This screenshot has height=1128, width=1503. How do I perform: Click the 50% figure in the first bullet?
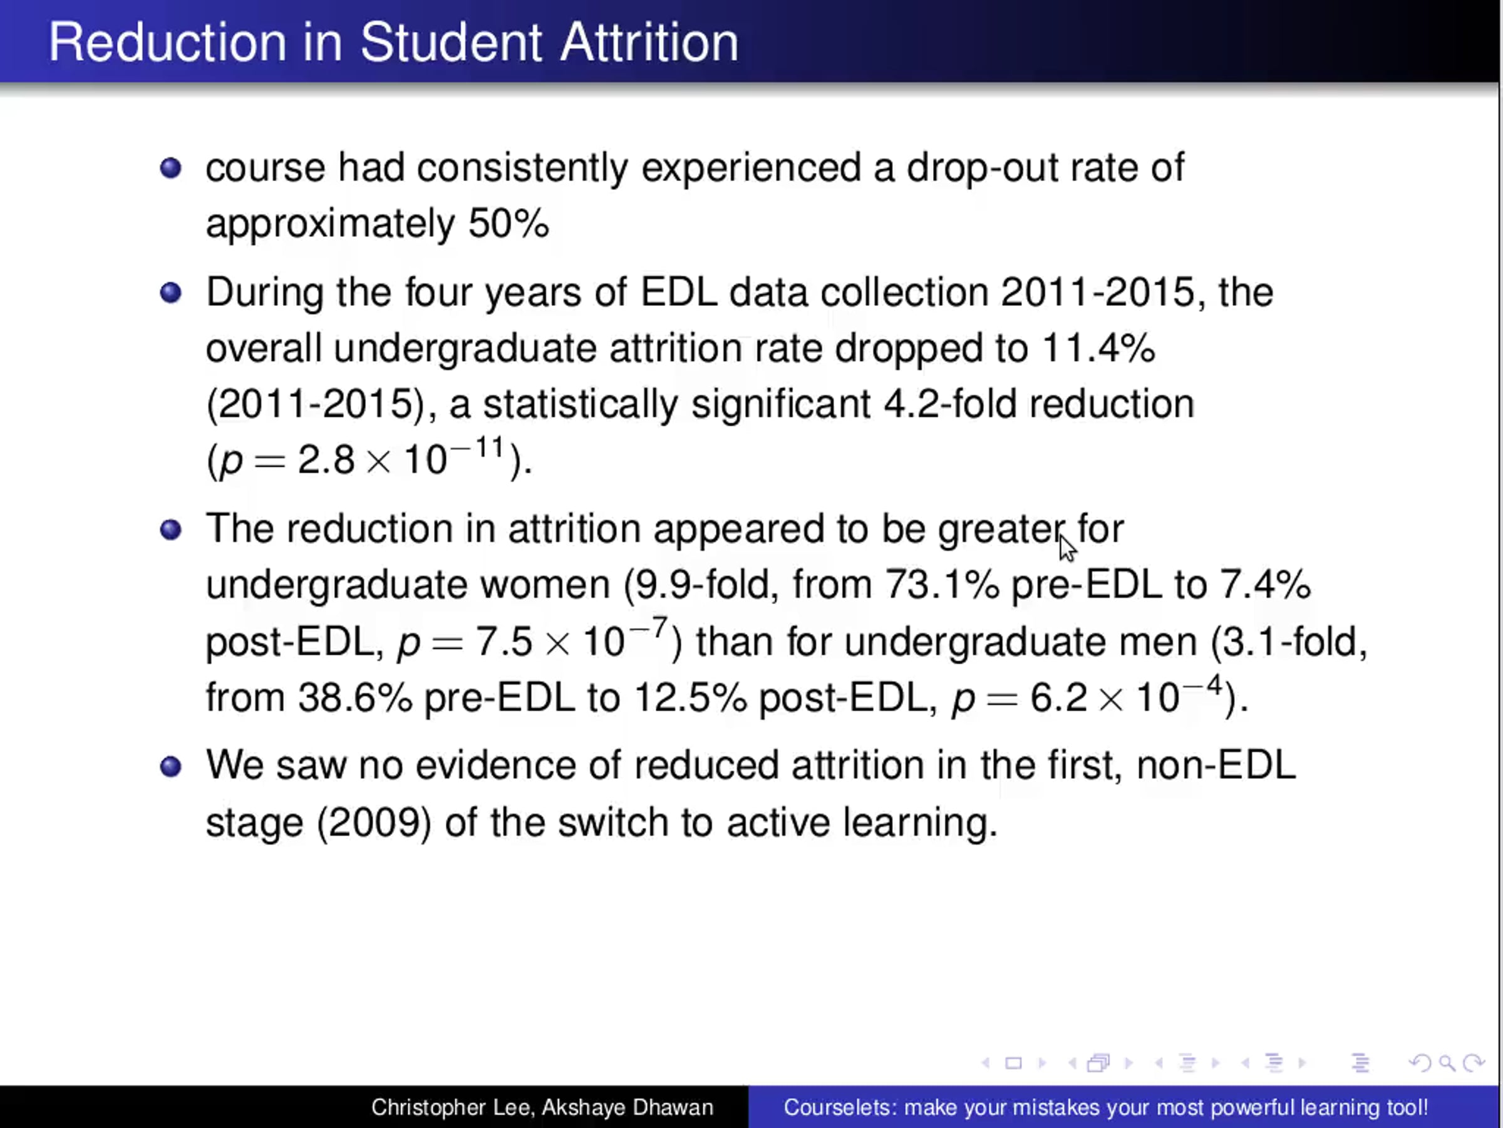[509, 223]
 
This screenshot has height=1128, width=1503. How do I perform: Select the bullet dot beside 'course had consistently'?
[170, 167]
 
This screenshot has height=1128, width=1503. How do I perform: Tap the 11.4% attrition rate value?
[1098, 348]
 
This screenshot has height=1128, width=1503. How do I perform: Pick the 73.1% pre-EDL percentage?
[942, 584]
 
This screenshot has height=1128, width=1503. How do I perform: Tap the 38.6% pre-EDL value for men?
[354, 697]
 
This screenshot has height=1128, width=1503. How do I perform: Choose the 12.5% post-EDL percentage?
[690, 697]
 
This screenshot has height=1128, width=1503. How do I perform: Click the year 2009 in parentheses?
[374, 823]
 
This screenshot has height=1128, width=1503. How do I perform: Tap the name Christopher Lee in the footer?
[450, 1107]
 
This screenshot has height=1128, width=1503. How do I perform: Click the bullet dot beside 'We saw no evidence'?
[170, 766]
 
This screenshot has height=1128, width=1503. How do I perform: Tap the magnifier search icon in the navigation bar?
[1447, 1063]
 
